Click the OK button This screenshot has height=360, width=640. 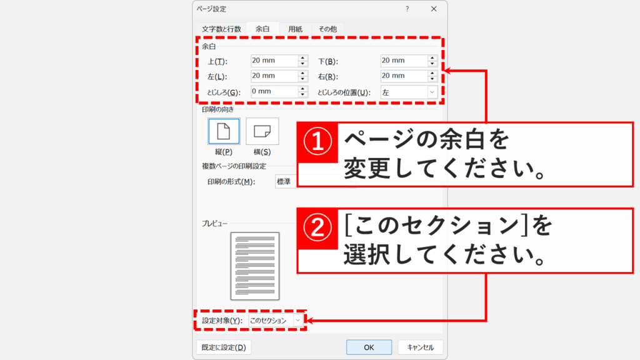pyautogui.click(x=369, y=347)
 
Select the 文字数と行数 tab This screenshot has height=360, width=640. pyautogui.click(x=221, y=29)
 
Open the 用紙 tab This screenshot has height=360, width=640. pyautogui.click(x=296, y=29)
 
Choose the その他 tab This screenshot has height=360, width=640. pyautogui.click(x=327, y=29)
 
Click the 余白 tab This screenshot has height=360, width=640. pyautogui.click(x=262, y=29)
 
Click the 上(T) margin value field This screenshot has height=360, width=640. pyautogui.click(x=273, y=61)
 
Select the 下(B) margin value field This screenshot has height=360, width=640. pyautogui.click(x=403, y=61)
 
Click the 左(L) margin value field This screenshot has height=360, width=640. pyautogui.click(x=273, y=76)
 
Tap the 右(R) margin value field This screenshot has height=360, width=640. pyautogui.click(x=403, y=76)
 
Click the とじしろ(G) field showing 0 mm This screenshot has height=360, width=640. pyautogui.click(x=273, y=92)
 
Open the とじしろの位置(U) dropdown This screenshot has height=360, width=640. pyautogui.click(x=408, y=92)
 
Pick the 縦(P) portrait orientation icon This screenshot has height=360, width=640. pyautogui.click(x=223, y=131)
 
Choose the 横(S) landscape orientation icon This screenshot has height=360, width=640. pyautogui.click(x=262, y=131)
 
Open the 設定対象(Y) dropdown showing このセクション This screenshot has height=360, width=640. pyautogui.click(x=276, y=320)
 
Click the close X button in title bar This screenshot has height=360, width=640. pyautogui.click(x=434, y=9)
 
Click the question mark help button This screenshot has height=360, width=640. pyautogui.click(x=407, y=9)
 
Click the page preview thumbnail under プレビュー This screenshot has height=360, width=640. pyautogui.click(x=255, y=266)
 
